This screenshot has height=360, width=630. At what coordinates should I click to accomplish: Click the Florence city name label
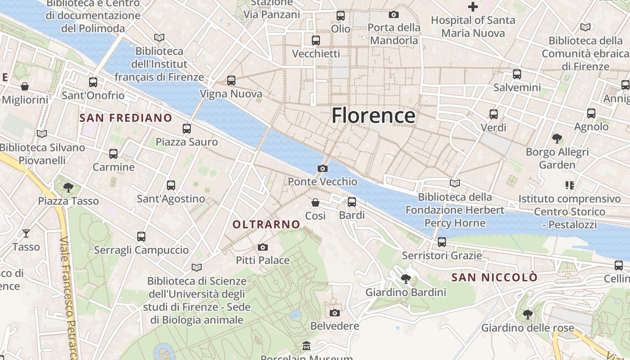373,116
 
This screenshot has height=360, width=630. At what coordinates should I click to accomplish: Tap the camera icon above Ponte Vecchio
322,169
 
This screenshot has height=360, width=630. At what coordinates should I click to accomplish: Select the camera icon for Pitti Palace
263,247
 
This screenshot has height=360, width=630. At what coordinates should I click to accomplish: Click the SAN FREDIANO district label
126,118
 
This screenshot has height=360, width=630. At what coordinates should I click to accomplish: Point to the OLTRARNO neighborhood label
266,224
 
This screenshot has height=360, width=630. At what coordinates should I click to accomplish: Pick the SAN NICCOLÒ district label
494,277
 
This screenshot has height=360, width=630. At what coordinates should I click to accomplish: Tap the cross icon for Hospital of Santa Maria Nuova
472,7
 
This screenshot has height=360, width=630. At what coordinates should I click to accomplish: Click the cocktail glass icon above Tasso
26,233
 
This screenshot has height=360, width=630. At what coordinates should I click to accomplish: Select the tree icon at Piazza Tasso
68,187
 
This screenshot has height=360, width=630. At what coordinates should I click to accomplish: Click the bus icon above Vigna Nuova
231,81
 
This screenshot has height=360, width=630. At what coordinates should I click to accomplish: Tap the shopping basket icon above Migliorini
25,86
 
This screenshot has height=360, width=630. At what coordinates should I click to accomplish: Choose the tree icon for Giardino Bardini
405,279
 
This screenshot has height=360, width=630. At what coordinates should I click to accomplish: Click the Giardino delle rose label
527,328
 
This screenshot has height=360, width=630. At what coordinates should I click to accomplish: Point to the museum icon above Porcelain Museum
306,346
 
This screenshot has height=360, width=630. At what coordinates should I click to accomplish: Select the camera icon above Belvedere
334,313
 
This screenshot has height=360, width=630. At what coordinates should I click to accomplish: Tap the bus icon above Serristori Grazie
441,242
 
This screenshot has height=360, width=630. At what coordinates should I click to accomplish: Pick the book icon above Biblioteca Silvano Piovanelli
42,134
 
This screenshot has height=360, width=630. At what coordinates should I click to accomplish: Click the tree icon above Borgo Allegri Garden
557,138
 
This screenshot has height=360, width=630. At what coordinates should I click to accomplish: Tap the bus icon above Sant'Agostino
171,185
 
